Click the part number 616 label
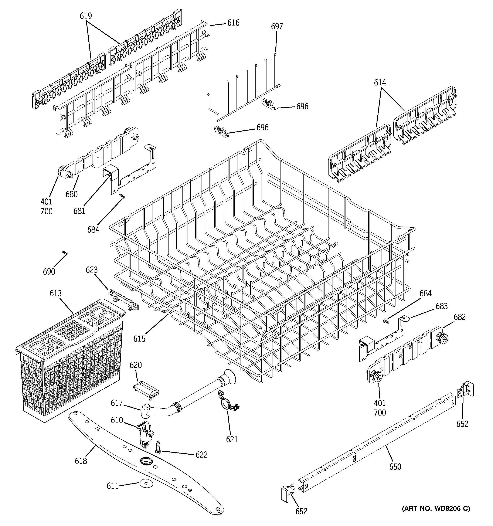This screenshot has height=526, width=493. click(233, 23)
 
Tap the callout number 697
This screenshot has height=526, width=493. click(277, 26)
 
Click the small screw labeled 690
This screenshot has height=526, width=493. click(65, 253)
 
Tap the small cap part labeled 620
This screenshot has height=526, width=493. click(146, 390)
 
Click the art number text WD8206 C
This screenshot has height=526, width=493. click(436, 508)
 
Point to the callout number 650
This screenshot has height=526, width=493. click(395, 466)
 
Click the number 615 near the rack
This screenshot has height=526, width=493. click(139, 339)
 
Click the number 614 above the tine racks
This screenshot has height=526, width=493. click(380, 82)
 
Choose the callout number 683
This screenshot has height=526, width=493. click(441, 306)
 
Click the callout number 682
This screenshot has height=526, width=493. click(459, 317)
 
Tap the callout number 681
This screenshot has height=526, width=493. click(79, 211)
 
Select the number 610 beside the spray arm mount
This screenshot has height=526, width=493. click(117, 420)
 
